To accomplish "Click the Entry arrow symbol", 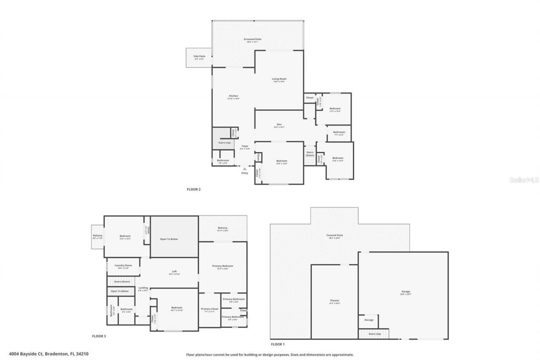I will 244,169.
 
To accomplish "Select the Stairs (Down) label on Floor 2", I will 310,154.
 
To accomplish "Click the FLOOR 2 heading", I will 194,189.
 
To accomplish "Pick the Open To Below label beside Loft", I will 169,239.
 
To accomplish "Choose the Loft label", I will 174,273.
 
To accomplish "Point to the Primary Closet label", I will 209,310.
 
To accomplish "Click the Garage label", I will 406,292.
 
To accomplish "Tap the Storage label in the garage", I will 369,320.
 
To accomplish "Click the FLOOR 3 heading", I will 99,336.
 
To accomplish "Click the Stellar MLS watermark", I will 524,180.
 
